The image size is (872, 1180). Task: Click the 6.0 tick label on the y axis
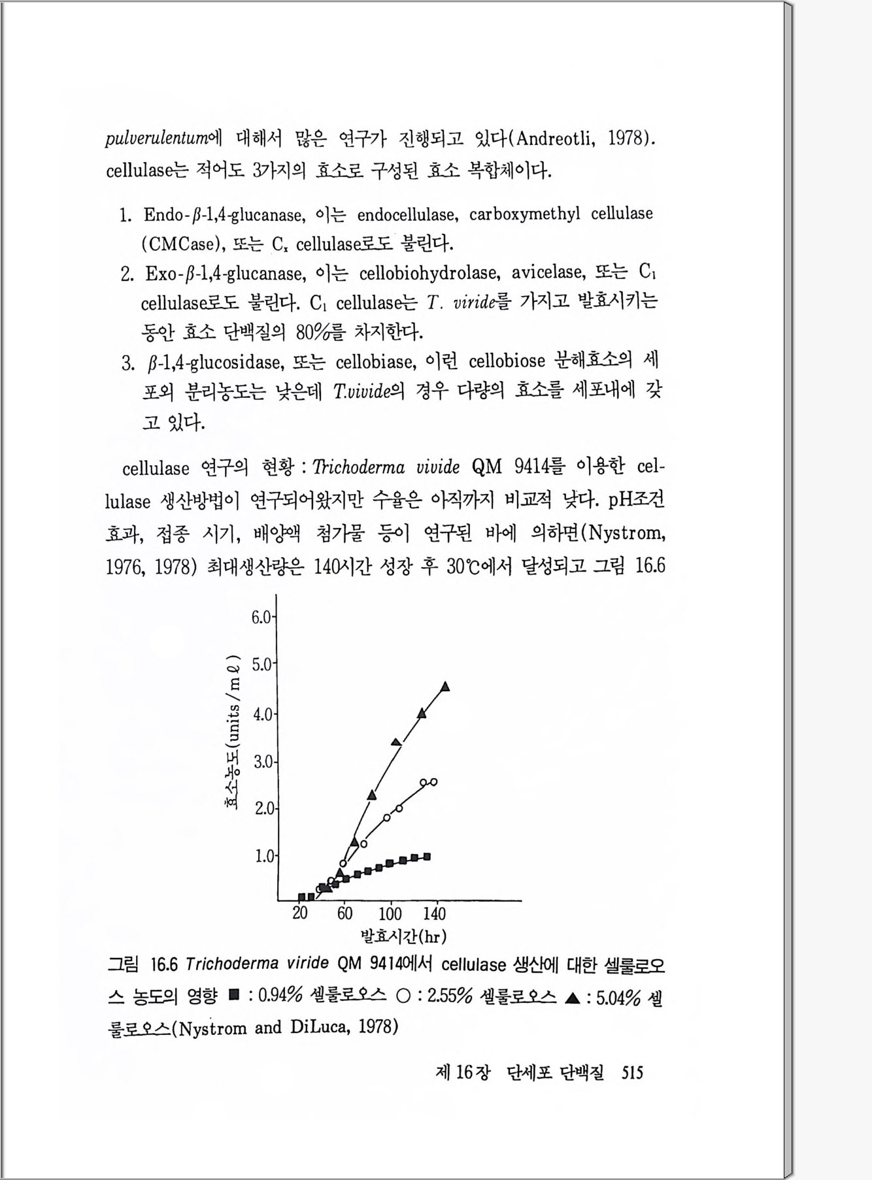pos(261,617)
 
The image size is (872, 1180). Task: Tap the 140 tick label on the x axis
pos(434,913)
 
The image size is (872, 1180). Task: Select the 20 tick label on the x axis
pos(300,913)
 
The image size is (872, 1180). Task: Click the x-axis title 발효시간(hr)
pos(403,936)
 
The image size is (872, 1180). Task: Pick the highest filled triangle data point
pos(445,686)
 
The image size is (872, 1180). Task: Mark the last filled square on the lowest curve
pos(427,856)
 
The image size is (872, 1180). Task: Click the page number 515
pos(632,1072)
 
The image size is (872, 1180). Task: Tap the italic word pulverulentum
pos(157,139)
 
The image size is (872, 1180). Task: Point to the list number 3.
pos(127,363)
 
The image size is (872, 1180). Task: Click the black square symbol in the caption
pos(233,996)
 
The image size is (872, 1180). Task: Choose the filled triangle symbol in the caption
pos(572,998)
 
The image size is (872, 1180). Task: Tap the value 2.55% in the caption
pos(449,996)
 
